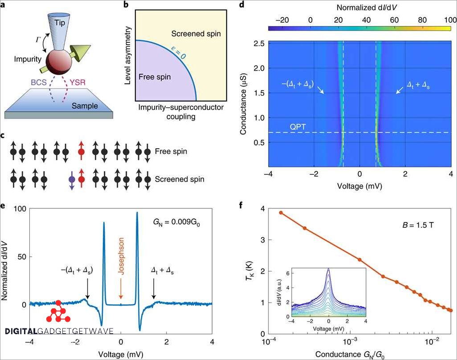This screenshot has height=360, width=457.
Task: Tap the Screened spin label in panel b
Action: click(196, 34)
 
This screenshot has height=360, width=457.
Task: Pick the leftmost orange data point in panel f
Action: click(281, 213)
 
